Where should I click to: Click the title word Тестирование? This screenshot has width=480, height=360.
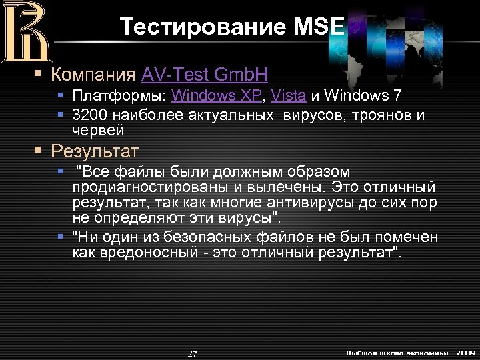click(x=203, y=26)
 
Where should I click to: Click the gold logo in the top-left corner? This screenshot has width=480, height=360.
click(x=25, y=32)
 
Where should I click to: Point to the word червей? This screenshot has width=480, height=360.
click(x=97, y=129)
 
